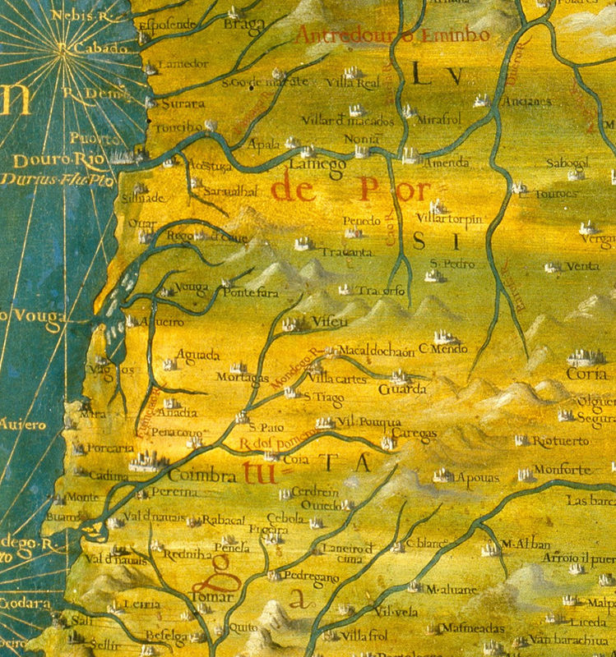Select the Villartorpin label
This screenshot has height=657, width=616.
pyautogui.click(x=449, y=218)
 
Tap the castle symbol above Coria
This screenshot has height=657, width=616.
pyautogui.click(x=585, y=356)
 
